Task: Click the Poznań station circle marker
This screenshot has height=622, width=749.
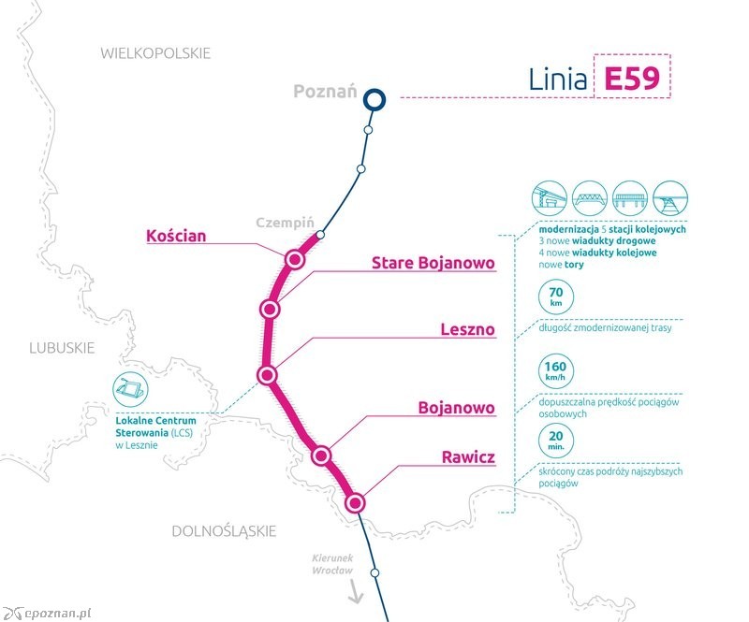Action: coord(374,100)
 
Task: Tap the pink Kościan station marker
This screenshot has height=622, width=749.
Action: coord(295,259)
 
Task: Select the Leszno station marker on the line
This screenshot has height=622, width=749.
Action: coord(267,375)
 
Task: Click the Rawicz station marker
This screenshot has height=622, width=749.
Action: coord(355,503)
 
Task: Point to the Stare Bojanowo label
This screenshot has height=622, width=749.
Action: coord(433,263)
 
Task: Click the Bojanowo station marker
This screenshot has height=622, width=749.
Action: coord(321,456)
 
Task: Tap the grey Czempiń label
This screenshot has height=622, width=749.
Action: coord(286,223)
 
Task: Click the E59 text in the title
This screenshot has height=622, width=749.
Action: coord(632,79)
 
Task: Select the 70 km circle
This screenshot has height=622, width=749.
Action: coord(555,297)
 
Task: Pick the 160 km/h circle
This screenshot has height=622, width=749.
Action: coord(555,371)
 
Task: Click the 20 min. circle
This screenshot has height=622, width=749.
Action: coord(555,441)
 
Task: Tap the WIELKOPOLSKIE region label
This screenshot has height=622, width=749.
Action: coord(155,53)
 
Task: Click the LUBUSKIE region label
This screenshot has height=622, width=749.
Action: coord(62,348)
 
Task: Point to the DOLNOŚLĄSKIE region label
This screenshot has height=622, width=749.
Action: coord(224,531)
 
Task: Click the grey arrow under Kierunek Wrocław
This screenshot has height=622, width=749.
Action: coord(356,592)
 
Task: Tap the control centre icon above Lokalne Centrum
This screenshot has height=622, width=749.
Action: coord(130,390)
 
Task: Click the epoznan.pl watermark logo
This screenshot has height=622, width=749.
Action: coord(46,613)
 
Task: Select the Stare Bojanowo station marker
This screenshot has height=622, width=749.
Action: coord(270,310)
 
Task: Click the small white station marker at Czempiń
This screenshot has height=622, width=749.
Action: coord(320,235)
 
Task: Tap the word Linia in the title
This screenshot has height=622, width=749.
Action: coord(557,79)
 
